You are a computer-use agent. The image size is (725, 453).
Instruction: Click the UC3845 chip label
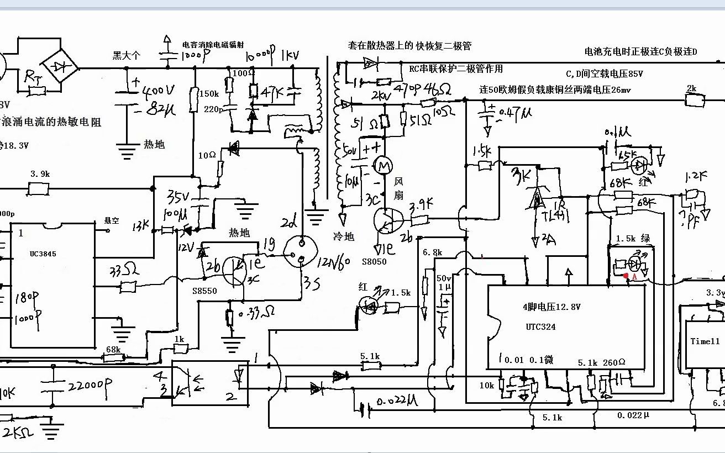43,254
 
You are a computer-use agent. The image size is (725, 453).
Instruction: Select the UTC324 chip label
540,327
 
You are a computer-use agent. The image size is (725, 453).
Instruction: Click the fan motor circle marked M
382,165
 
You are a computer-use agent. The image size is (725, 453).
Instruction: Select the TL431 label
552,216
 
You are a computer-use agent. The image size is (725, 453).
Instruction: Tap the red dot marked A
627,276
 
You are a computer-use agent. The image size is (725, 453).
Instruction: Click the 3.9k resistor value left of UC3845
40,173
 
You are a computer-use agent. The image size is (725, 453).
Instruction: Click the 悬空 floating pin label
112,220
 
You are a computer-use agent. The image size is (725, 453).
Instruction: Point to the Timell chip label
705,341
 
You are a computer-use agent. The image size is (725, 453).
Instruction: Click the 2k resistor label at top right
691,88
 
